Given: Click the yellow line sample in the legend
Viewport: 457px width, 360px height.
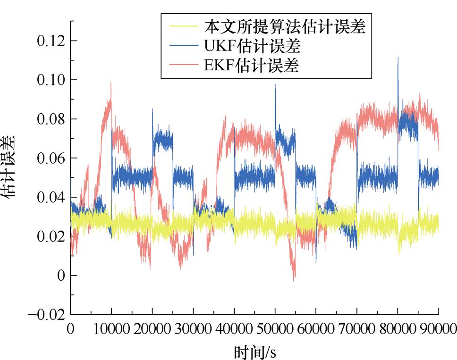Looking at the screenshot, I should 181,27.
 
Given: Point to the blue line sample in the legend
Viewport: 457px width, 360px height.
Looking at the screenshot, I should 181,46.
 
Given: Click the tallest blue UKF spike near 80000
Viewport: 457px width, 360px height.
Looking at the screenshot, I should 398,58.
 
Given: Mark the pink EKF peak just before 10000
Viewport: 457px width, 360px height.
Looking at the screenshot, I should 111,83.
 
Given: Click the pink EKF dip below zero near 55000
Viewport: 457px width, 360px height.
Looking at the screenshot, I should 293,280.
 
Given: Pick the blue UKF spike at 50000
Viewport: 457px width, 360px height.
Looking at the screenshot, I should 275,85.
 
